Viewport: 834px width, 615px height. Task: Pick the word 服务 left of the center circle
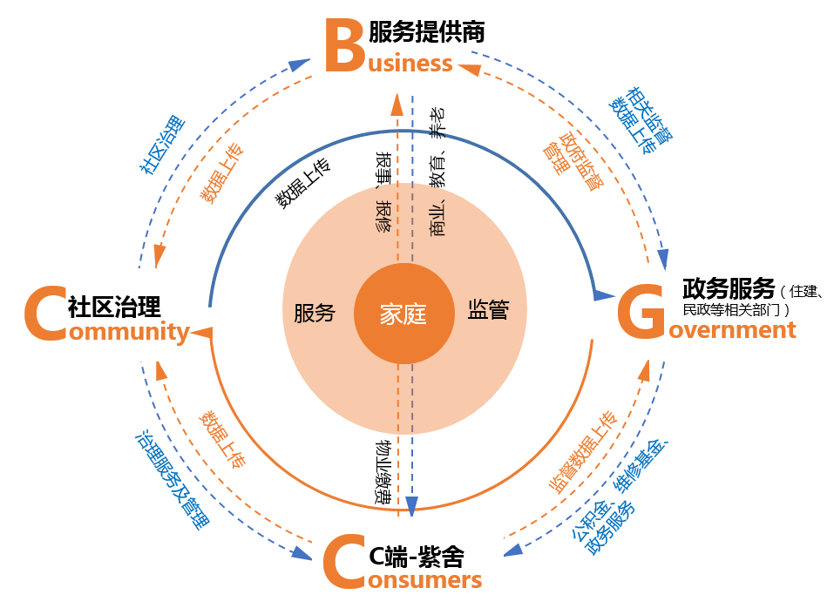(315, 314)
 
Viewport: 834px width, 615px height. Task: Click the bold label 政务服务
(729, 287)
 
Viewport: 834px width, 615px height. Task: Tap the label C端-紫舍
(417, 555)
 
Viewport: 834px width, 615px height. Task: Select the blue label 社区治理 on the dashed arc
(162, 143)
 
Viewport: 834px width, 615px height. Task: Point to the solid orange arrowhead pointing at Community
(201, 331)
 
